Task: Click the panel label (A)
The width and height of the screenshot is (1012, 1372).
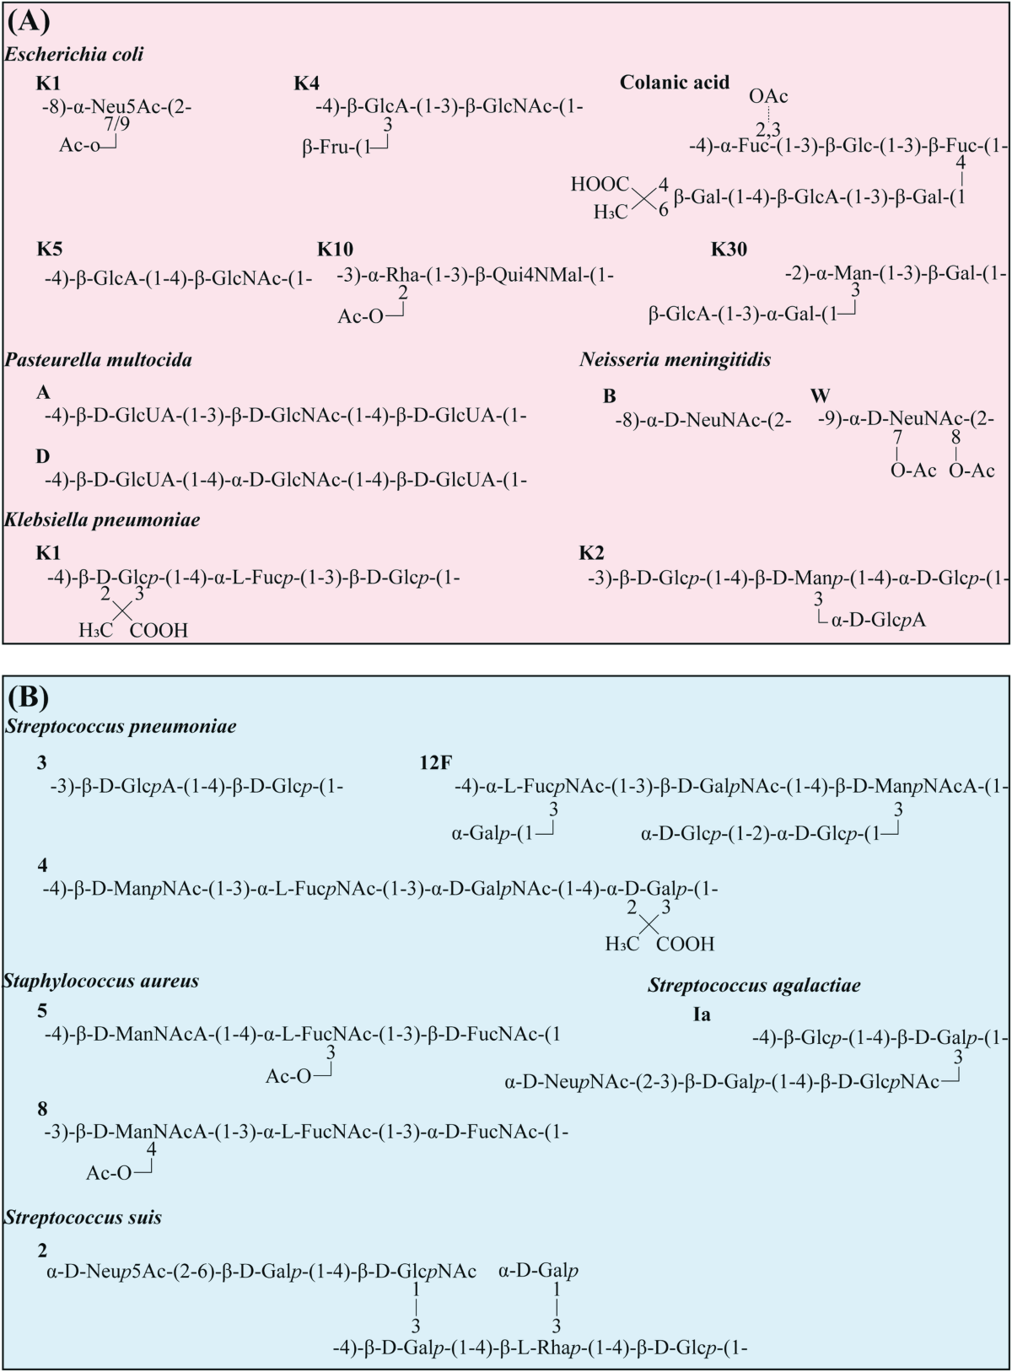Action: click(x=28, y=20)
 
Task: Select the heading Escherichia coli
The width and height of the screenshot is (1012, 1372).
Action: click(x=74, y=55)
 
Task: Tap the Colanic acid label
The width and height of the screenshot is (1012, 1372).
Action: click(x=674, y=82)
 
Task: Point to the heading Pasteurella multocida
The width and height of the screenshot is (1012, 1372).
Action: click(x=98, y=360)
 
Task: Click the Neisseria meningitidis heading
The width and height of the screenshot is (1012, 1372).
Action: click(x=675, y=360)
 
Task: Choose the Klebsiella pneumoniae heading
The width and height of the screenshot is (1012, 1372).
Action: click(x=102, y=519)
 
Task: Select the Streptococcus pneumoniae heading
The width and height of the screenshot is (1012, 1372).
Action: click(x=121, y=726)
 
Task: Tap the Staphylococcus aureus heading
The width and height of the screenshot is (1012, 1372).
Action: click(x=101, y=981)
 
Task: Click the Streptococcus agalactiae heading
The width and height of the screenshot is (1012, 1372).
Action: click(x=754, y=985)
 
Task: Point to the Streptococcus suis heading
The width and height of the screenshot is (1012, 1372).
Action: click(x=83, y=1217)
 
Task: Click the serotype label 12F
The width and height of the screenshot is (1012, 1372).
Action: click(x=435, y=763)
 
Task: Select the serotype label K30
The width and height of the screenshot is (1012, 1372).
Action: click(x=729, y=250)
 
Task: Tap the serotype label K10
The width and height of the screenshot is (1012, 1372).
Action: click(x=335, y=250)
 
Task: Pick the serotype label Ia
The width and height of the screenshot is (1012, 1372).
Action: click(x=701, y=1014)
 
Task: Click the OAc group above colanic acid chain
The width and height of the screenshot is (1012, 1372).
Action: click(x=767, y=96)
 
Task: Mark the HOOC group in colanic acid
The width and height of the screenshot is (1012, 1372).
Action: click(x=600, y=185)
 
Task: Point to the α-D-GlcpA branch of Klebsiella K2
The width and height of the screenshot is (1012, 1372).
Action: click(x=878, y=621)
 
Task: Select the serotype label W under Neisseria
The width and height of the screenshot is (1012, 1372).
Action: click(x=820, y=395)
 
